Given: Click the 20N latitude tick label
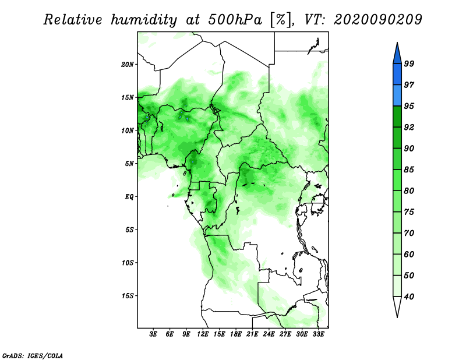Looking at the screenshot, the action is (128, 64).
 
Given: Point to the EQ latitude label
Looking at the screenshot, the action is (129, 196).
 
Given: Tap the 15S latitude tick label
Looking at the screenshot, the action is (128, 296).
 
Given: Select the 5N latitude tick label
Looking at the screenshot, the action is (129, 164).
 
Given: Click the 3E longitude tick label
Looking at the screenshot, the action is (153, 334).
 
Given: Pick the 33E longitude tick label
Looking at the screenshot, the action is (318, 334).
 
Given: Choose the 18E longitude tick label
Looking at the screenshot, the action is (236, 334).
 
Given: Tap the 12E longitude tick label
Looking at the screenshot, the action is (203, 334).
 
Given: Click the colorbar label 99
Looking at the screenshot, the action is (409, 63).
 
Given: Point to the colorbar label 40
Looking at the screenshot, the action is (409, 297).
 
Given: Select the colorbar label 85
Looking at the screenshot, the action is (409, 170).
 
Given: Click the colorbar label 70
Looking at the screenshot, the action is (409, 233).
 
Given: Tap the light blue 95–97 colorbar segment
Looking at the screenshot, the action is (397, 96).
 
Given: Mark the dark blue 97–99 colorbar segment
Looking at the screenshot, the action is (397, 75).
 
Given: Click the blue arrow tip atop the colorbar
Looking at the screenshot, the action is (397, 43).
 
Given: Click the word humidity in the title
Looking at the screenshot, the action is (144, 20).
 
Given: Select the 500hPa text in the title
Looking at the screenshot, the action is (235, 20).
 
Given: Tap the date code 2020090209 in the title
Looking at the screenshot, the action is (377, 20).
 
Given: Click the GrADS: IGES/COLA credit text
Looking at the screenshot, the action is (33, 355).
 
